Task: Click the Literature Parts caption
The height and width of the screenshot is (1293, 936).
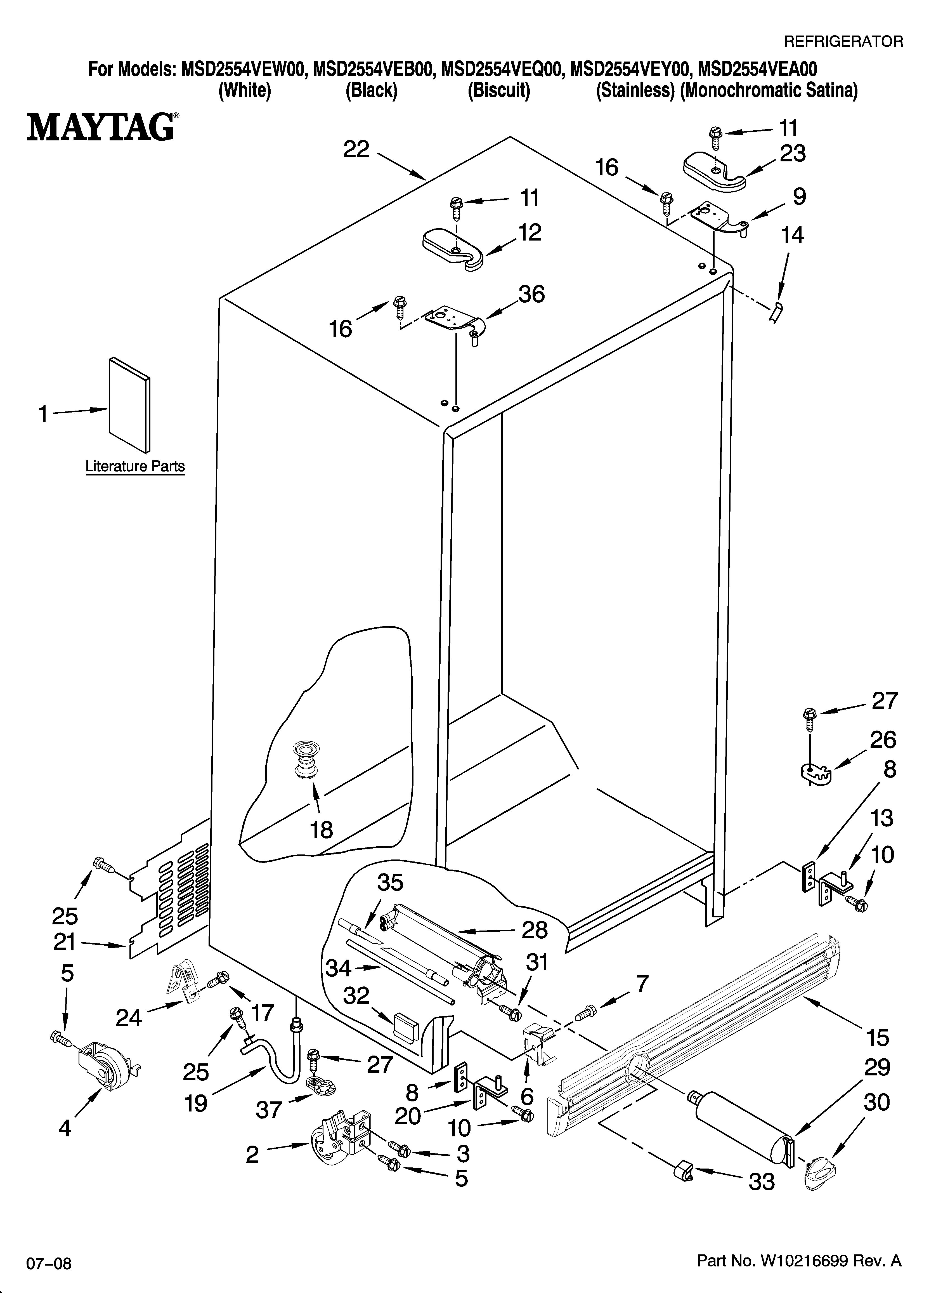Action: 135,466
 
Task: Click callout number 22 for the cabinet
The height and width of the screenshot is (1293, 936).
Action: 356,150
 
